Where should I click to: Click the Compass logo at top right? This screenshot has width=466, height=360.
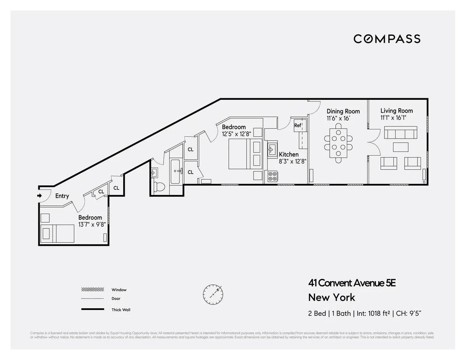387,39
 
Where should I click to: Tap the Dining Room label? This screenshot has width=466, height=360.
343,111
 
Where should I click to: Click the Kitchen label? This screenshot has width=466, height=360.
289,155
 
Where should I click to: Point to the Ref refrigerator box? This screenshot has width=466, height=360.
297,125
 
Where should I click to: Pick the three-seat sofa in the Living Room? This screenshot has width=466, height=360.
400,133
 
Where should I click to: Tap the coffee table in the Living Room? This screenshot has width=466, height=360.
400,147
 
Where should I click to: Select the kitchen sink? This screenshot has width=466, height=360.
271,149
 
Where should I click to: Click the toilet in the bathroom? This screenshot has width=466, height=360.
159,186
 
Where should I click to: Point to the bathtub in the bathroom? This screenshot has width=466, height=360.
175,171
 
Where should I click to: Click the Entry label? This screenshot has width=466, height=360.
62,196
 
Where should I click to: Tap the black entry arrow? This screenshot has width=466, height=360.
39,196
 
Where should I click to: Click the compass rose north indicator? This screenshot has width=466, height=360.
213,294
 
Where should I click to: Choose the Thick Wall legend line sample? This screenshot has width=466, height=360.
93,310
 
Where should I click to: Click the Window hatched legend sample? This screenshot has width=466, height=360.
93,290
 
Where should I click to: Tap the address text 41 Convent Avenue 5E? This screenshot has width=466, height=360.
352,283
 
